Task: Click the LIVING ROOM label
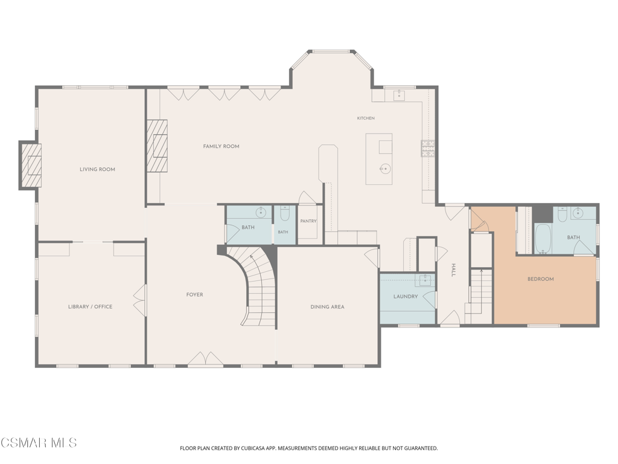click(x=97, y=169)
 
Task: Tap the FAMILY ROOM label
click(x=221, y=146)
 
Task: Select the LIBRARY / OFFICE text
click(x=91, y=306)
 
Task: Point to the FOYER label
click(x=195, y=295)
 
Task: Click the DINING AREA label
click(x=327, y=306)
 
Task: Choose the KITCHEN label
click(x=366, y=118)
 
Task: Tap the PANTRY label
click(x=308, y=221)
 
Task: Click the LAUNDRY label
click(x=406, y=296)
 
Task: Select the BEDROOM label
click(x=541, y=279)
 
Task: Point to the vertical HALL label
click(x=453, y=270)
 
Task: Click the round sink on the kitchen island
click(x=385, y=169)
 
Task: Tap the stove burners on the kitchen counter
click(x=428, y=149)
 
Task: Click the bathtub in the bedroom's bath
click(x=543, y=239)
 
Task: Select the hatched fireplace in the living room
click(x=31, y=166)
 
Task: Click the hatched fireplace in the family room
click(x=158, y=146)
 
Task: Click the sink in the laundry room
click(x=425, y=280)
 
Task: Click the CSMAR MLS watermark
click(x=39, y=443)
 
